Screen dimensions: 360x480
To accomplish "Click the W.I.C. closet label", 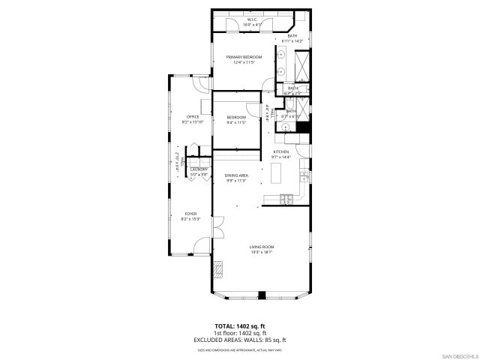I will click(249, 21).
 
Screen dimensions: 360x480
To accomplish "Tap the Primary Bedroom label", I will click(244, 57).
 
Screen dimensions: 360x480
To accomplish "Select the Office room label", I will click(193, 116).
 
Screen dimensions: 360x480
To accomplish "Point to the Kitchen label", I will click(280, 152).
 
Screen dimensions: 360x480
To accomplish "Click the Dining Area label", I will click(236, 175).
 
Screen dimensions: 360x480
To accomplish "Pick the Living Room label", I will click(262, 247).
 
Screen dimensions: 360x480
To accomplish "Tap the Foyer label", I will click(190, 214).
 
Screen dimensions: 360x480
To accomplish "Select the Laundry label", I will click(199, 169).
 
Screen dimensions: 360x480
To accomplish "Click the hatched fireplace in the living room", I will click(219, 269).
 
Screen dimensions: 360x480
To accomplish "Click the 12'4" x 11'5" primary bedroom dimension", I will click(244, 62).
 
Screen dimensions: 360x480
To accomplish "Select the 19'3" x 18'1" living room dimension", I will click(262, 252).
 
